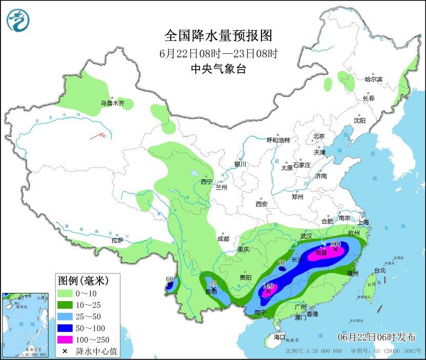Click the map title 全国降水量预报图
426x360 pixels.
point(218,35)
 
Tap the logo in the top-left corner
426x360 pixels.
point(18,19)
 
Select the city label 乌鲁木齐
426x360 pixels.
point(112,103)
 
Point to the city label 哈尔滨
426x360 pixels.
point(373,79)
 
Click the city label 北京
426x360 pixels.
point(319,136)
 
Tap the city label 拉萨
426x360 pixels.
point(117,240)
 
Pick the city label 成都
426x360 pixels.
point(223,238)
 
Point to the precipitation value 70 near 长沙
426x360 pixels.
point(281,263)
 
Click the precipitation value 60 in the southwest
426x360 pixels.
point(170,279)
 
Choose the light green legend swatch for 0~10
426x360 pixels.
point(65,293)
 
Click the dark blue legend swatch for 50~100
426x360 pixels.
point(65,328)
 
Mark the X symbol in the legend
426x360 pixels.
point(65,351)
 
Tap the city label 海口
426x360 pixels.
point(279,337)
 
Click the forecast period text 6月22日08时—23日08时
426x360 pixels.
point(218,53)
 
